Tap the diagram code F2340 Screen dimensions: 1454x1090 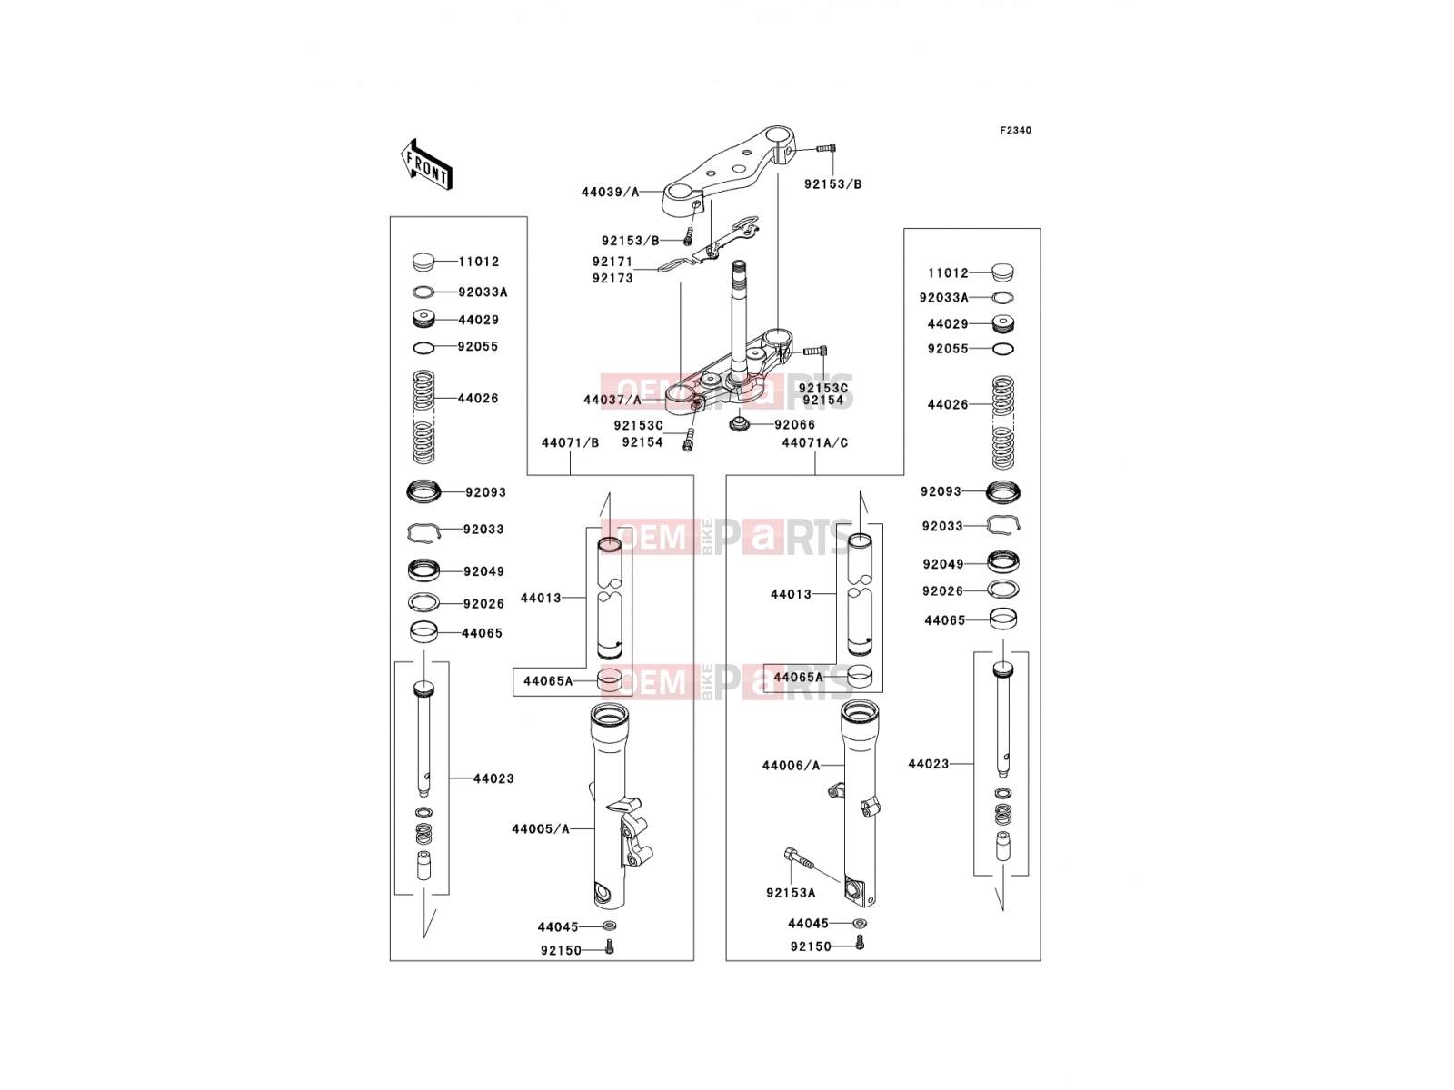pyautogui.click(x=1015, y=131)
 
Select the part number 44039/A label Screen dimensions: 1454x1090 pyautogui.click(x=610, y=193)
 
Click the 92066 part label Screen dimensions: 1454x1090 pyautogui.click(x=795, y=425)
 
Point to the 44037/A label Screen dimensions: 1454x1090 pyautogui.click(x=612, y=401)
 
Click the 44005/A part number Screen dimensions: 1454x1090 pyautogui.click(x=541, y=829)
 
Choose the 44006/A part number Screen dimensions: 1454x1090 pyautogui.click(x=791, y=766)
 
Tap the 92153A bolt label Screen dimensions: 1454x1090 pyautogui.click(x=791, y=894)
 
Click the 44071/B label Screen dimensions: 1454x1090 pyautogui.click(x=571, y=442)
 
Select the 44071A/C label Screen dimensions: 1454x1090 pyautogui.click(x=815, y=442)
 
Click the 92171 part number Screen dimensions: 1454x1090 pyautogui.click(x=612, y=262)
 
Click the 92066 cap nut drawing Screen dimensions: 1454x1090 pyautogui.click(x=739, y=423)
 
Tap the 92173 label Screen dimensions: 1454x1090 pyautogui.click(x=612, y=279)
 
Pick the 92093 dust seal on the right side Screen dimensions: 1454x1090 pyautogui.click(x=1003, y=491)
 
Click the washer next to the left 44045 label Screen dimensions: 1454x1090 pyautogui.click(x=610, y=926)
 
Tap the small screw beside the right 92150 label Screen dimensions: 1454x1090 pyautogui.click(x=859, y=943)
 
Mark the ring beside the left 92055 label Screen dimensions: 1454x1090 pyautogui.click(x=424, y=348)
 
